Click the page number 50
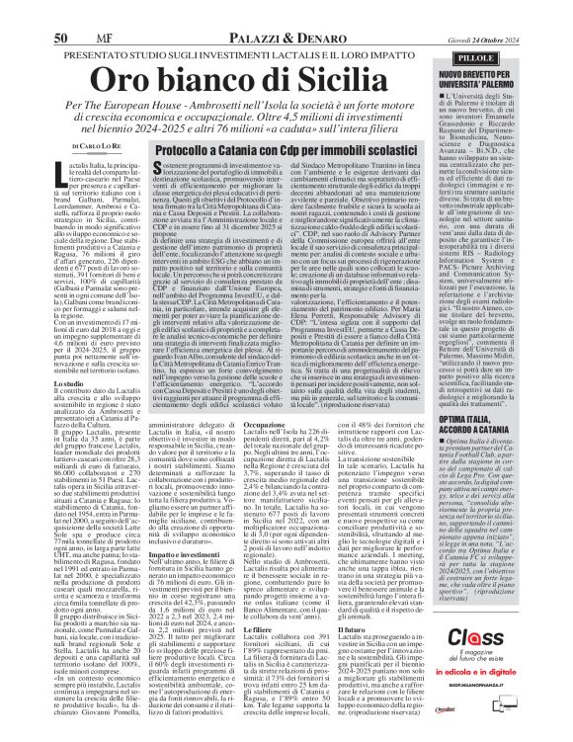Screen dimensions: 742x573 (18, 12)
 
